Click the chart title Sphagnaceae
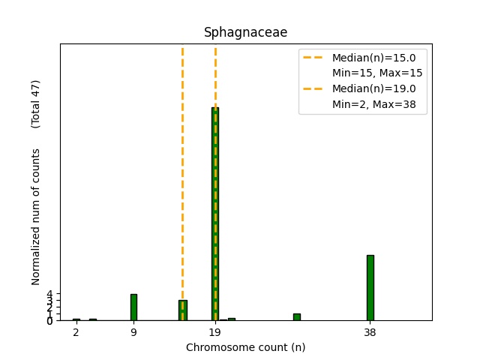pyautogui.click(x=245, y=33)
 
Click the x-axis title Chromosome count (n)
pyautogui.click(x=245, y=347)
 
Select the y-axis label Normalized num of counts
pyautogui.click(x=36, y=217)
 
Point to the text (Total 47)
pyautogui.click(x=36, y=103)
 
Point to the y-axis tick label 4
pyautogui.click(x=49, y=294)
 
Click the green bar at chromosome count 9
pyautogui.click(x=133, y=307)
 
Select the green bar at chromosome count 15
pyautogui.click(x=182, y=310)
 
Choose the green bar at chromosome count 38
pyautogui.click(x=370, y=288)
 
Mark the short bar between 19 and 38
pyautogui.click(x=296, y=317)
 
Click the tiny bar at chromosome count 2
pyautogui.click(x=76, y=319)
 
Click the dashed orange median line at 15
pyautogui.click(x=182, y=150)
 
